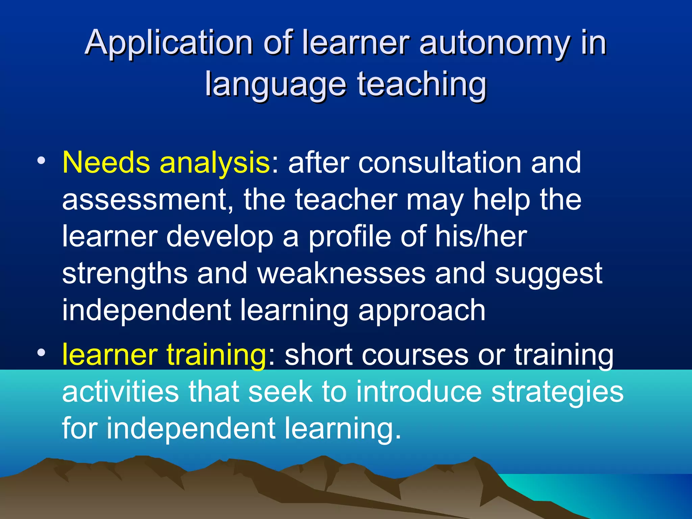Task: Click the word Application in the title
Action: tap(169, 43)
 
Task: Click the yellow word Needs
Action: tap(106, 163)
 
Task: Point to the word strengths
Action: tap(125, 274)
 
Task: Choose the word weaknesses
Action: tap(341, 273)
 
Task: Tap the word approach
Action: tap(422, 311)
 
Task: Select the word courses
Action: tap(376, 355)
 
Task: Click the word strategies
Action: tap(557, 392)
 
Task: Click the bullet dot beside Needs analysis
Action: tap(41, 160)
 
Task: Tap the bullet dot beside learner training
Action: tap(41, 353)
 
